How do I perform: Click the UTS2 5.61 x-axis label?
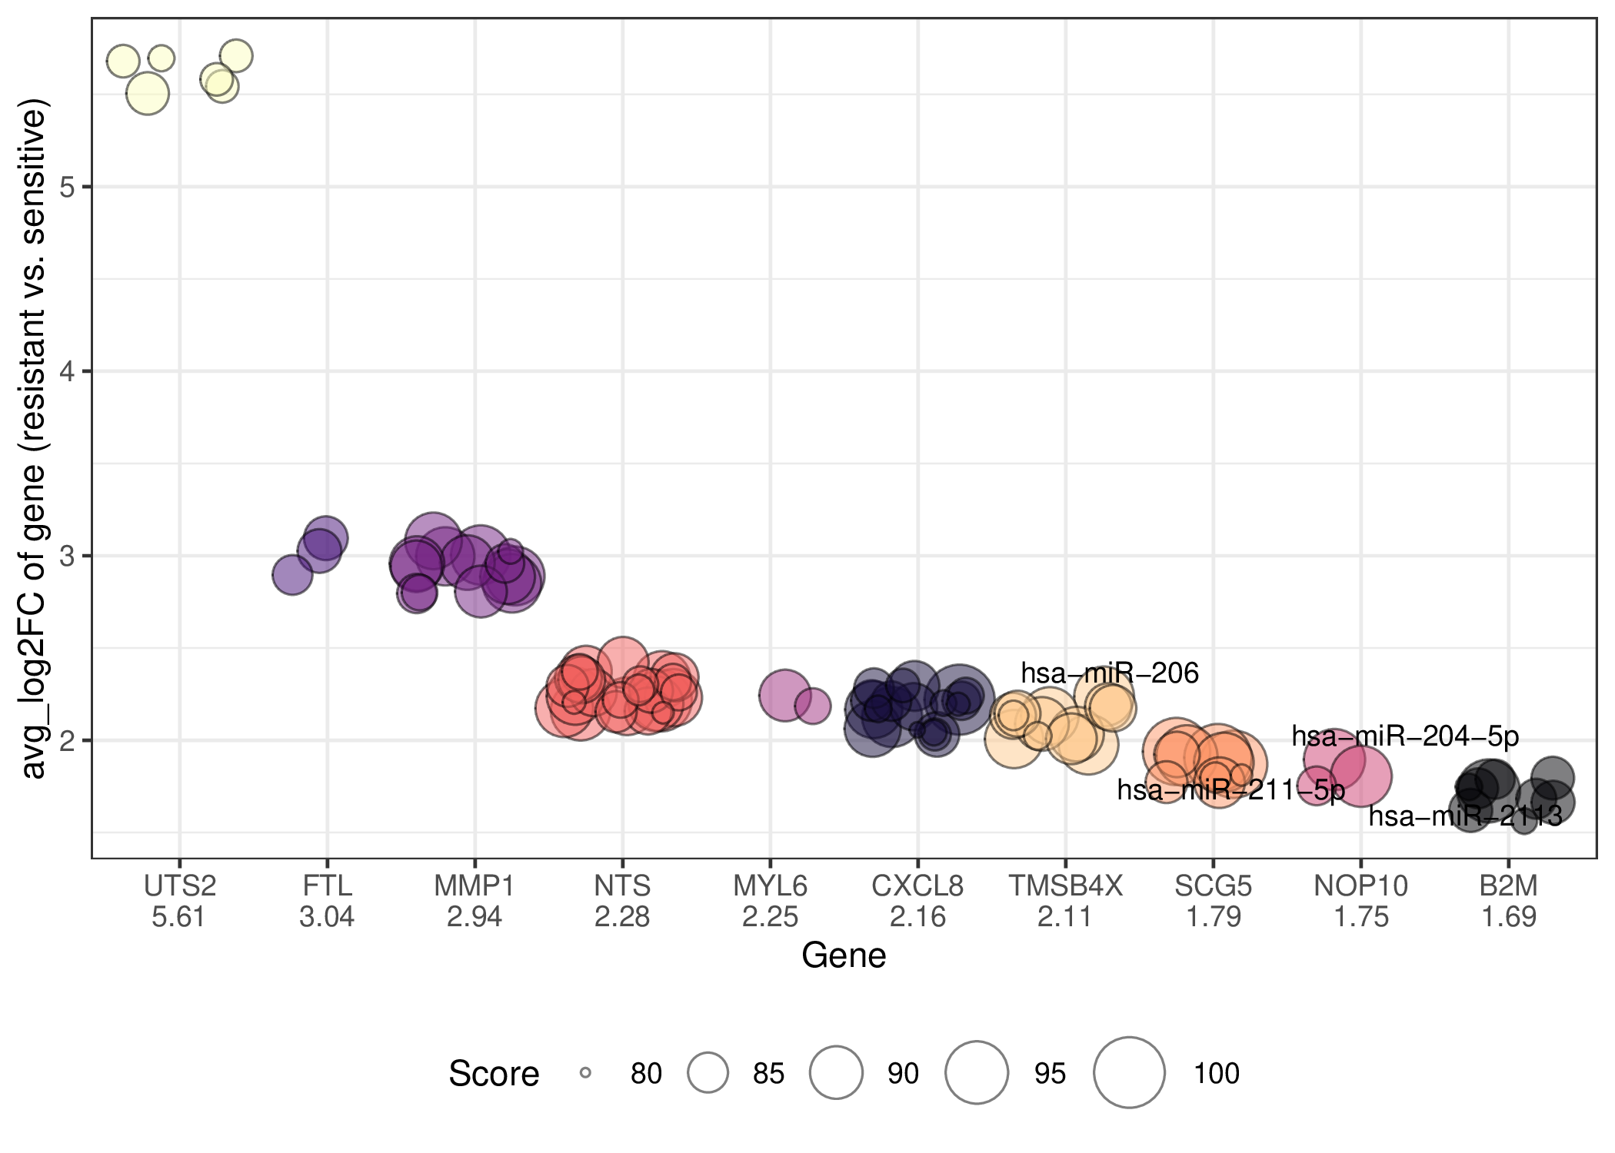[x=180, y=902]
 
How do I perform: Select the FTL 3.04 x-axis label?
[x=327, y=902]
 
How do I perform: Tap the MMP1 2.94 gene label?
[x=475, y=902]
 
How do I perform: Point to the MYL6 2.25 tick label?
[x=770, y=902]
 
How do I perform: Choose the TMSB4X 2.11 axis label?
[x=1065, y=902]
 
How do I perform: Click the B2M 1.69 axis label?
[x=1509, y=902]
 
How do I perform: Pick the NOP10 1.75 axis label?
[x=1361, y=902]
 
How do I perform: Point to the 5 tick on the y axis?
[x=67, y=187]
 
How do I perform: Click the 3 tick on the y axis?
[x=67, y=556]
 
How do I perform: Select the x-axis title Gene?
[x=844, y=956]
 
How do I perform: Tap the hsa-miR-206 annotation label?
[x=1110, y=673]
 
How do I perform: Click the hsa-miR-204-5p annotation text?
[x=1405, y=736]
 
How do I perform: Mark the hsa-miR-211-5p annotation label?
[x=1231, y=789]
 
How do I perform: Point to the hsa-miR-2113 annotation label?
[x=1465, y=816]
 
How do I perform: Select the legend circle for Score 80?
[x=585, y=1073]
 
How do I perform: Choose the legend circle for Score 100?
[x=1129, y=1073]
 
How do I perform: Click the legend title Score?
[x=494, y=1074]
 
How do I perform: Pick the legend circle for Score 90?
[x=836, y=1073]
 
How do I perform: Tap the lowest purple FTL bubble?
[x=292, y=574]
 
